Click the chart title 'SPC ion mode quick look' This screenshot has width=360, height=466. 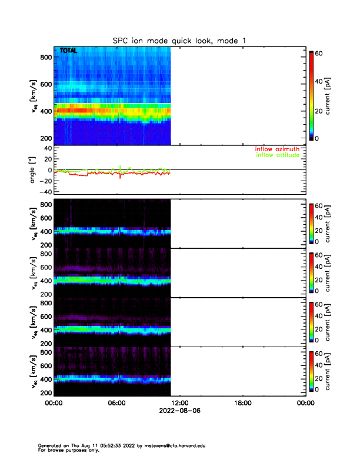[x=179, y=40]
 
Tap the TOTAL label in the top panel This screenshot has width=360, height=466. [x=69, y=51]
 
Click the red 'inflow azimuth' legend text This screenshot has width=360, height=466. [x=277, y=149]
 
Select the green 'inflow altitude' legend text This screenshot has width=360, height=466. [x=277, y=155]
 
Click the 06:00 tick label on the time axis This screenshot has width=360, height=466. [x=116, y=404]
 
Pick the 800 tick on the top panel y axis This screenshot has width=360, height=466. [x=44, y=57]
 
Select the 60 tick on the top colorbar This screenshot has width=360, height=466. [x=320, y=53]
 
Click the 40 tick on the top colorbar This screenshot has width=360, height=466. [x=320, y=81]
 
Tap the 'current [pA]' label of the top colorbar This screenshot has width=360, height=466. [x=336, y=95]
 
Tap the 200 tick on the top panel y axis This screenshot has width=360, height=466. [x=44, y=138]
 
